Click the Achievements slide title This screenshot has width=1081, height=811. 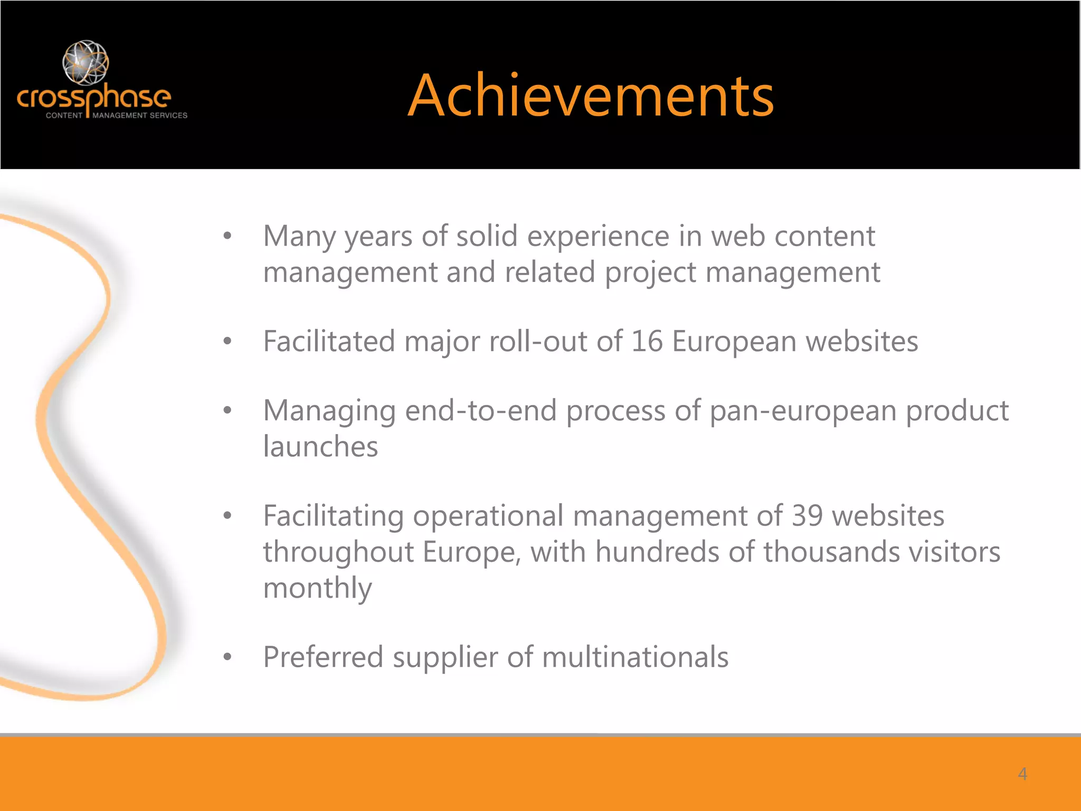point(591,96)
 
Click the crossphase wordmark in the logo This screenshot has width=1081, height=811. point(94,98)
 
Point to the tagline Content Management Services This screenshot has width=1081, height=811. point(117,115)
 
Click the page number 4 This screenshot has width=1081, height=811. point(1022,774)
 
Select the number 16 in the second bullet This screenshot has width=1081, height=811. point(647,341)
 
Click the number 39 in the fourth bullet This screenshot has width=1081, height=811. point(807,515)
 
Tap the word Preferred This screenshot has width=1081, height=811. point(323,657)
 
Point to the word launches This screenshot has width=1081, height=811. point(320,447)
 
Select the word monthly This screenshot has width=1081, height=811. point(317,588)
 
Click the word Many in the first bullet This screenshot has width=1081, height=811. point(299,236)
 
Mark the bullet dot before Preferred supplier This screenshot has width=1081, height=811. point(227,657)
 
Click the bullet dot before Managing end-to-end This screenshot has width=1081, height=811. point(227,410)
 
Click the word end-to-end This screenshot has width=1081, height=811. point(481,411)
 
